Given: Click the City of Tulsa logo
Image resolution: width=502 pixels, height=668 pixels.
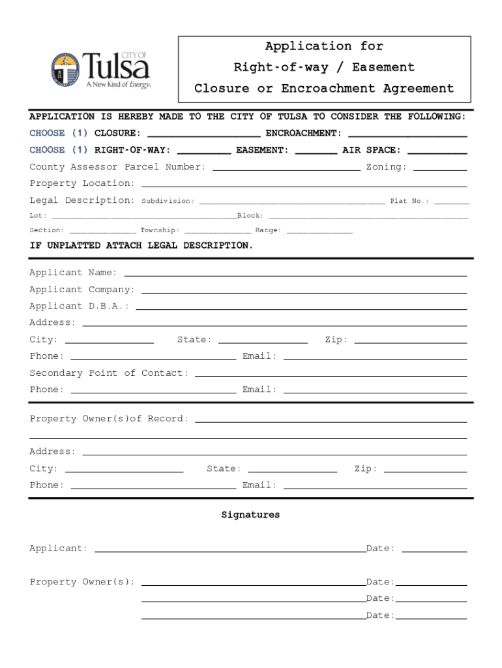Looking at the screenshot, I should (x=101, y=70).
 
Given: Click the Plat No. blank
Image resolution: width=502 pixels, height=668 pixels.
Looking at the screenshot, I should (x=452, y=202).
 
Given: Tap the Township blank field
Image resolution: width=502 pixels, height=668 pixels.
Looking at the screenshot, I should (x=218, y=231).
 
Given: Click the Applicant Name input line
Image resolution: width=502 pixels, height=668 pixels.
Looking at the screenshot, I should (x=295, y=274).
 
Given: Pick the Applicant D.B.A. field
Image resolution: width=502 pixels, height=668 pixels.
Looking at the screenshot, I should (x=301, y=307).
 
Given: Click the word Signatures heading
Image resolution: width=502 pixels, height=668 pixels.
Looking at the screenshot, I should (x=250, y=515).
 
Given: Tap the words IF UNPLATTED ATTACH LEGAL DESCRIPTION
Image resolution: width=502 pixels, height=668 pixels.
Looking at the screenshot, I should (x=141, y=246).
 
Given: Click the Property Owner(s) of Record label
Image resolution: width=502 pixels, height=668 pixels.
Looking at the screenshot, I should (x=109, y=419).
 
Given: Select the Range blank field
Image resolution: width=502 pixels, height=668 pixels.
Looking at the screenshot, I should (x=319, y=231).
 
